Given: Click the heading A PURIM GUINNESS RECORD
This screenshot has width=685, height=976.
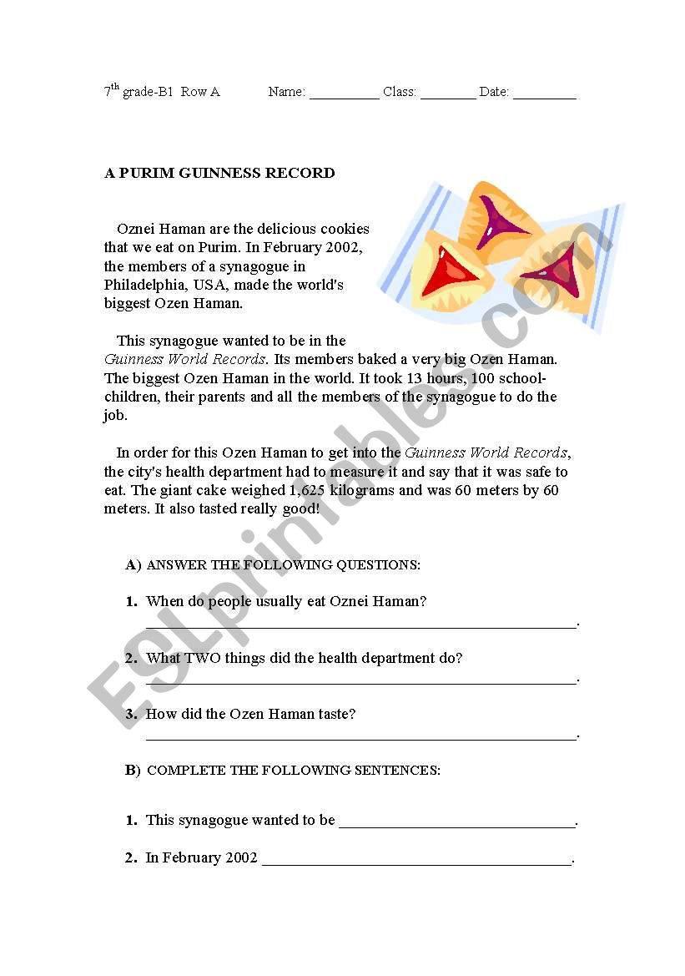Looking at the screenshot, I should (219, 174).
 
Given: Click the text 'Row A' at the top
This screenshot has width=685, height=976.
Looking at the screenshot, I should (200, 92).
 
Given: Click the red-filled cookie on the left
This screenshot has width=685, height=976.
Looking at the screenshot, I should (448, 273).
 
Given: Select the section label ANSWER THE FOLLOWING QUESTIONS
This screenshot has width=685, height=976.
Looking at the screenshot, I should (283, 565).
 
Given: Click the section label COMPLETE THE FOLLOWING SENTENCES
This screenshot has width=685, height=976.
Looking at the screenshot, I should (293, 771).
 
